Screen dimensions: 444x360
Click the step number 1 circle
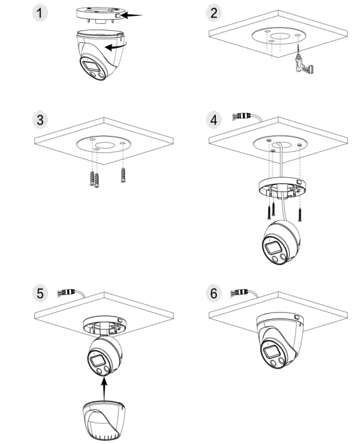[39, 13]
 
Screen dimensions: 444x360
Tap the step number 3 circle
[39, 120]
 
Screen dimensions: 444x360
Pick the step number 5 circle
[39, 293]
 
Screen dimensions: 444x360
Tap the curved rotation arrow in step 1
[117, 47]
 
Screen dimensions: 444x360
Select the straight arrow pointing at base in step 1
[132, 16]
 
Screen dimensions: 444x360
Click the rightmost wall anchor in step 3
[122, 176]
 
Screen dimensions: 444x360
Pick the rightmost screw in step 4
[300, 212]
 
